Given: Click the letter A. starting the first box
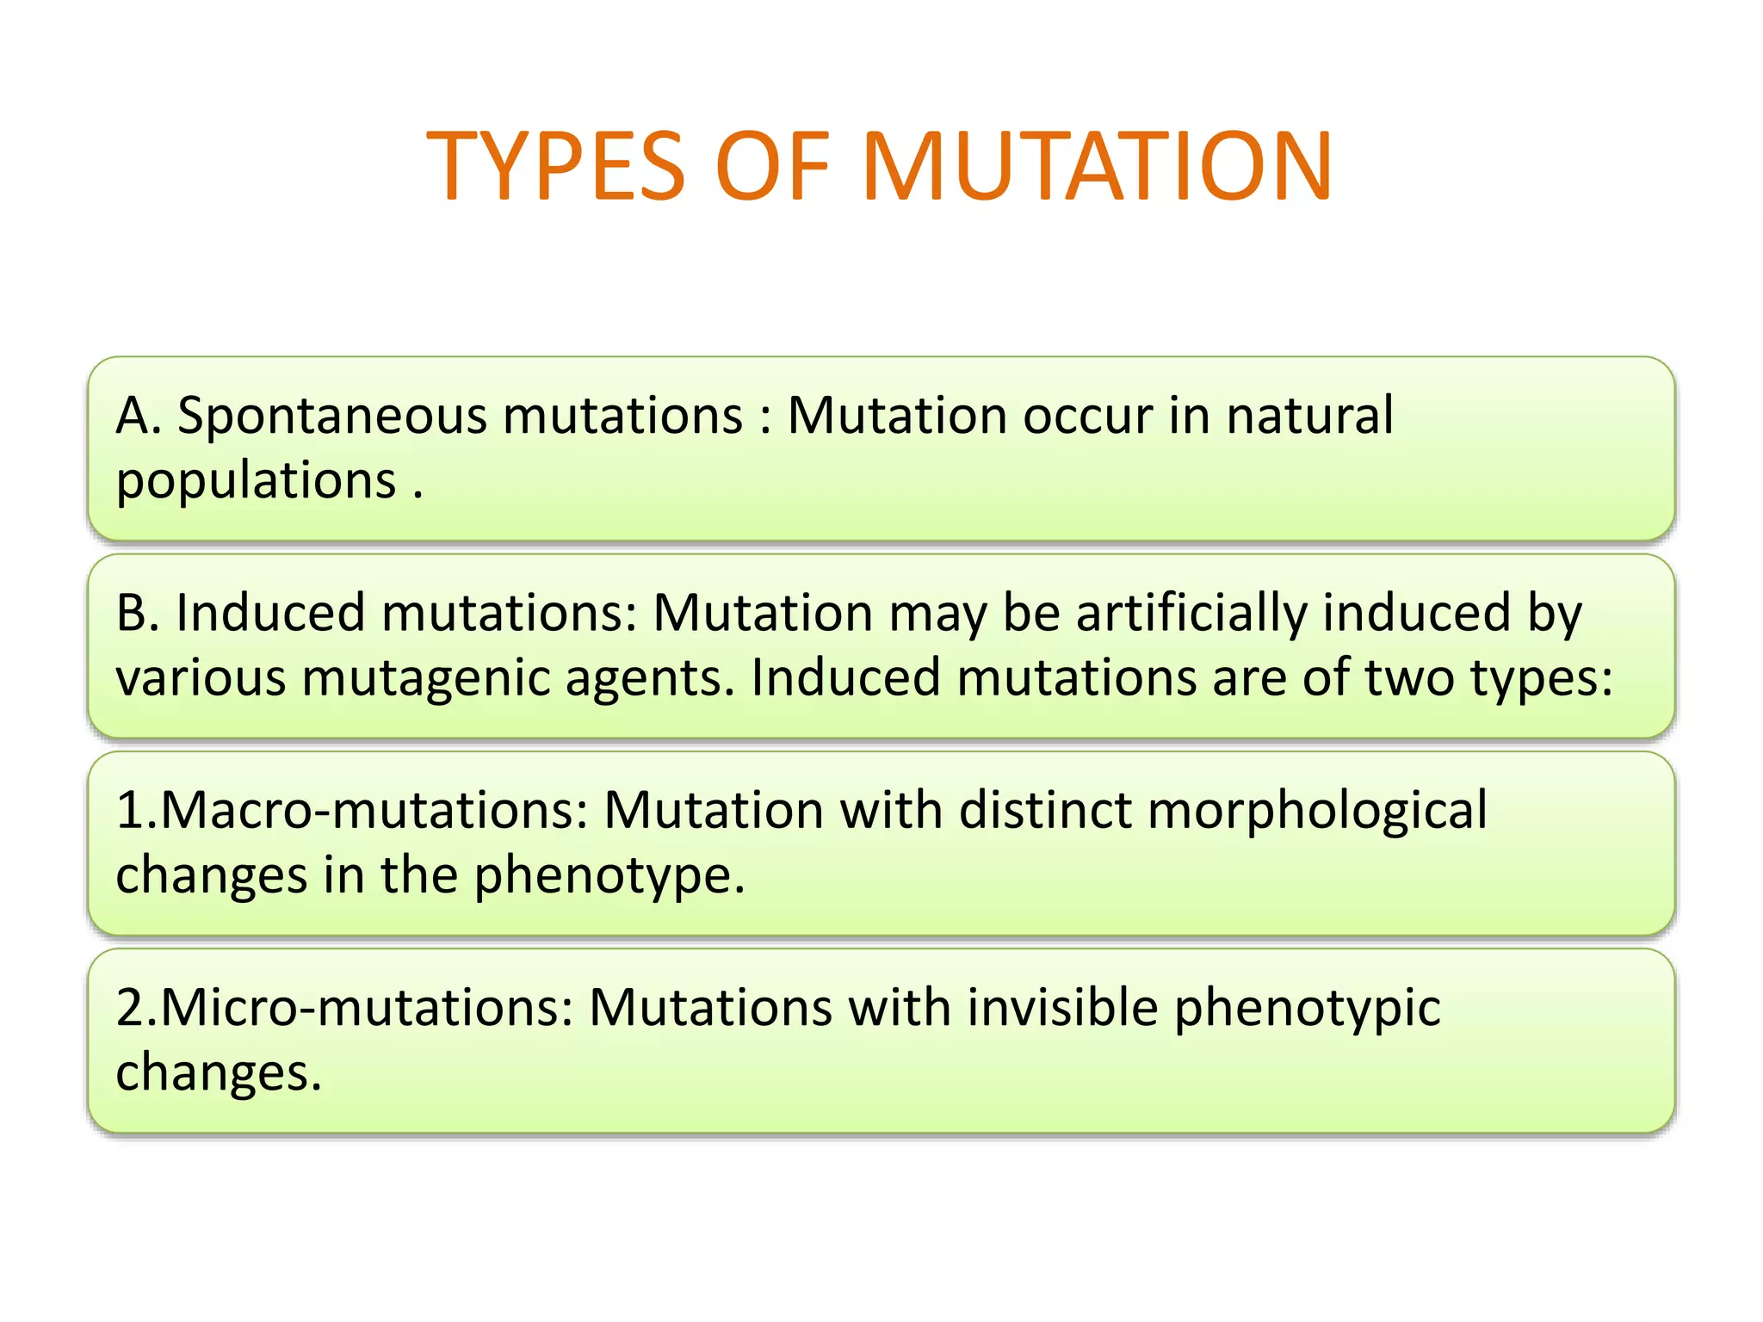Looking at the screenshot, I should pos(139,416).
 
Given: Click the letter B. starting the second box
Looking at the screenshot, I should pos(138,614).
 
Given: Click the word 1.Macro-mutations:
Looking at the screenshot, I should pos(352,811).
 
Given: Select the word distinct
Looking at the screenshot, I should pos(1044,811).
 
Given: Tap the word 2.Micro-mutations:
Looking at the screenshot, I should pos(344,1008).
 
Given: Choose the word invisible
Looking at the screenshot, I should pos(1062,1008).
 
